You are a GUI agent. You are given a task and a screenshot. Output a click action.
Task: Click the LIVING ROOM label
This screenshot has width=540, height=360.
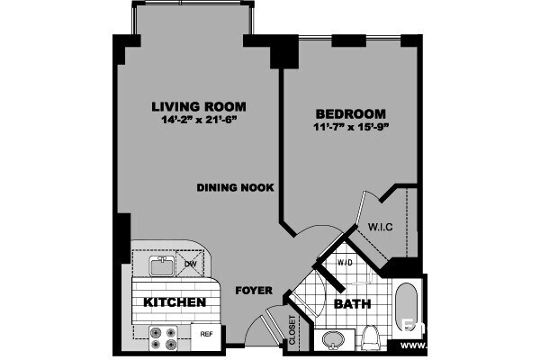(x=199, y=107)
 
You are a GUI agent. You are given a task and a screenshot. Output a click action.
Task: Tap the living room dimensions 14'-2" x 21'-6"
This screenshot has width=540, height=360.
(x=199, y=121)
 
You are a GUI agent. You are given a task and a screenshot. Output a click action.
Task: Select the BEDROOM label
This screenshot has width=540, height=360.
(x=350, y=114)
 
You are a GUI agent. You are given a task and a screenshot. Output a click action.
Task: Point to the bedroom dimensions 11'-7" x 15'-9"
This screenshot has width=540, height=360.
(x=350, y=129)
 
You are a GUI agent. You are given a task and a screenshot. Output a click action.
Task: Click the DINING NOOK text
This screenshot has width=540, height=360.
(x=236, y=187)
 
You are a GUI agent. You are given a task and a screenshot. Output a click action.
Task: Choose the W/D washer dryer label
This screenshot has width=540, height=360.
(x=344, y=263)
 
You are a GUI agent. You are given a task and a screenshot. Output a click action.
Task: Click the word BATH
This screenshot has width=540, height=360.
(x=353, y=304)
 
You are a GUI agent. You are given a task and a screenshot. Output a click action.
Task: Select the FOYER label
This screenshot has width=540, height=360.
(x=254, y=292)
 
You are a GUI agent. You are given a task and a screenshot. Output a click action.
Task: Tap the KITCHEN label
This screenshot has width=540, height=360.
(x=176, y=302)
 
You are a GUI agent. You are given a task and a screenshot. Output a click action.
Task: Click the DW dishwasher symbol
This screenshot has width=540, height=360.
(x=191, y=264)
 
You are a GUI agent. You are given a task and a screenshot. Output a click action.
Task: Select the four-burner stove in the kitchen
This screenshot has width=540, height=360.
(x=163, y=337)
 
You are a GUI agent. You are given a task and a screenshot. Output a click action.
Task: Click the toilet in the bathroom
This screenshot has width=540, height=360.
(x=371, y=337)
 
